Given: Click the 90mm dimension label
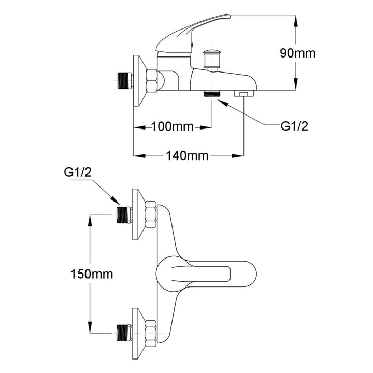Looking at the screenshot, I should click(297, 53).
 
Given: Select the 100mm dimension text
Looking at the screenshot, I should click(172, 126).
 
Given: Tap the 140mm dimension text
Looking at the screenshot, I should click(188, 155).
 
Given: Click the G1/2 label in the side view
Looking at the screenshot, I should click(294, 126).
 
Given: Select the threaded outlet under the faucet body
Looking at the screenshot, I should click(212, 94).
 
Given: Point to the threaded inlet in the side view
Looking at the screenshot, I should click(124, 80).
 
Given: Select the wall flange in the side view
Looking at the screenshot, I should click(137, 80).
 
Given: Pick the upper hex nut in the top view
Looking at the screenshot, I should click(151, 214).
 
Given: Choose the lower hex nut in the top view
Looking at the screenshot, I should click(151, 332).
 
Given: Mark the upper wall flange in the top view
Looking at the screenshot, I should click(136, 214).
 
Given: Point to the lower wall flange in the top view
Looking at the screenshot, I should click(136, 332).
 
